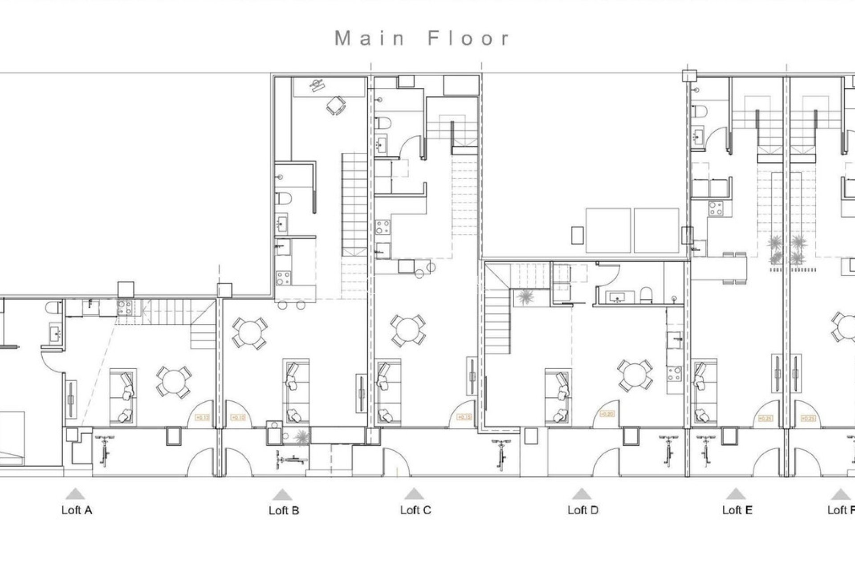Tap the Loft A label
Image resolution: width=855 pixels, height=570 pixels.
click(x=77, y=510)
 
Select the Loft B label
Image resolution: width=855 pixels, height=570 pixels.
click(x=284, y=510)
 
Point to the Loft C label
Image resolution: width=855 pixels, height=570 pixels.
click(x=415, y=510)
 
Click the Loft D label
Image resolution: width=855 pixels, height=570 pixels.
click(x=582, y=510)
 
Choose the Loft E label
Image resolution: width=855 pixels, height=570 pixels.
click(x=737, y=510)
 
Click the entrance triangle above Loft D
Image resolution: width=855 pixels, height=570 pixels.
click(x=581, y=493)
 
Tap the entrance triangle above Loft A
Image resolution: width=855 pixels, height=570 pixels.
click(x=75, y=493)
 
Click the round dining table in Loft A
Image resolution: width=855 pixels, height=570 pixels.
click(x=174, y=382)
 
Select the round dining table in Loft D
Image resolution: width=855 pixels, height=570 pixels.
click(x=635, y=376)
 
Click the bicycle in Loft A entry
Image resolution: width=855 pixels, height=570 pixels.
click(x=105, y=451)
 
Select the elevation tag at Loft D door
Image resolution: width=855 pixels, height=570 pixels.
click(x=607, y=414)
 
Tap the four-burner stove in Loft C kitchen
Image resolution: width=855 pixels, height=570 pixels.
click(x=382, y=227)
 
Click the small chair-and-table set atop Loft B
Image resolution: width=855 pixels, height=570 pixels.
click(x=335, y=106)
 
